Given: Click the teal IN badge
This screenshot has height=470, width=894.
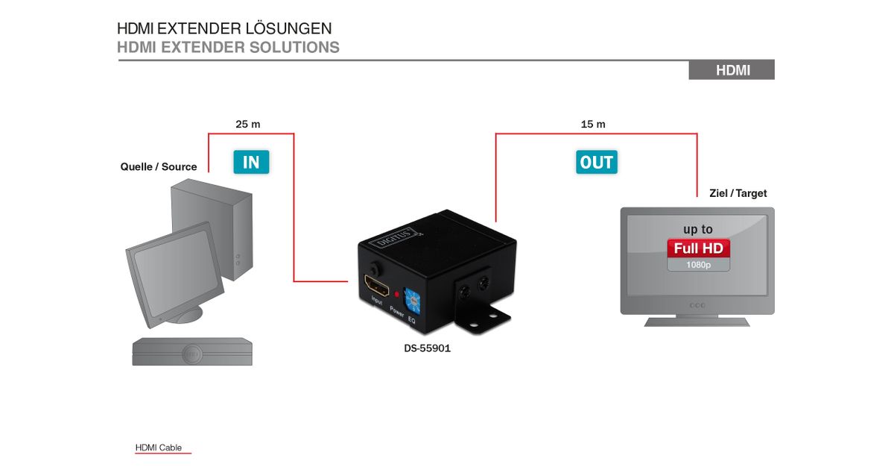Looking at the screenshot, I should (x=251, y=162).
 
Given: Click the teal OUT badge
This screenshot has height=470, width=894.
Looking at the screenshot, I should (x=597, y=162).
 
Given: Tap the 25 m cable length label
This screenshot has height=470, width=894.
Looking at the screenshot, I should (x=248, y=124).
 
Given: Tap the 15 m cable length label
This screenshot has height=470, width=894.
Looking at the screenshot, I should (x=593, y=124).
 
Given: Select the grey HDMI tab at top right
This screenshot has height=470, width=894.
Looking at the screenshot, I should (x=732, y=70).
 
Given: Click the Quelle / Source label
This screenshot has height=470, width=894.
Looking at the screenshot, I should (x=159, y=166).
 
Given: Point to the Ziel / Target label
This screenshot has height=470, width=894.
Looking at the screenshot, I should (x=738, y=193).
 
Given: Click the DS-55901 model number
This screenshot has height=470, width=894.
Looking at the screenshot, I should (x=422, y=348).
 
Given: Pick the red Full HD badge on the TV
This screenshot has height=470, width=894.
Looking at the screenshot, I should (x=698, y=248).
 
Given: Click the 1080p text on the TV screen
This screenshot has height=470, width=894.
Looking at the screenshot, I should (x=698, y=265).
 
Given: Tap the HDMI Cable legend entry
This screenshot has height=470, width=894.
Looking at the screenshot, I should (x=159, y=448).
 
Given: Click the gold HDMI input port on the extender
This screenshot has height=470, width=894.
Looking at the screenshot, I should (x=376, y=285).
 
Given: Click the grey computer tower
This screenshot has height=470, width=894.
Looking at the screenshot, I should (x=212, y=231).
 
